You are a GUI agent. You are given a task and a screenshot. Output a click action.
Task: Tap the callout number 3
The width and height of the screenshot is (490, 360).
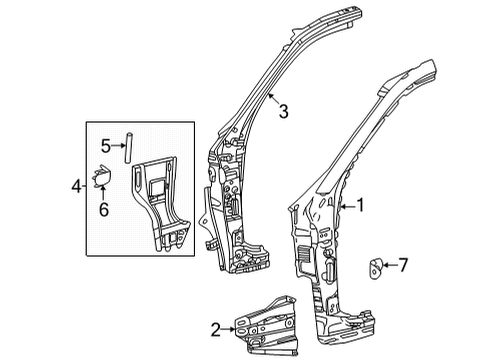284,113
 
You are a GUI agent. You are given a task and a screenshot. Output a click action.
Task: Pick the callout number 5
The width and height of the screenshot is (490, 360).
105,147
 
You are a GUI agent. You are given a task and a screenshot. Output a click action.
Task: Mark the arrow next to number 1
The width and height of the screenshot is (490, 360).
346,207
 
